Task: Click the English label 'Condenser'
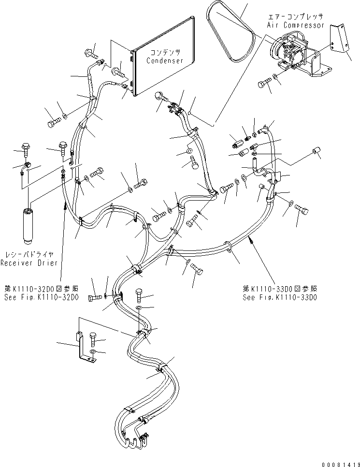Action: pos(164,61)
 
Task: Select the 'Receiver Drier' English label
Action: pos(29,263)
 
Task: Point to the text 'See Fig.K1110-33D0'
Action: pos(280,298)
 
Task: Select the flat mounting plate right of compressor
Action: pos(341,41)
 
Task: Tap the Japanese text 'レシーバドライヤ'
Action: pos(29,254)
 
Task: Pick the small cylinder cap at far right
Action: pos(318,154)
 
